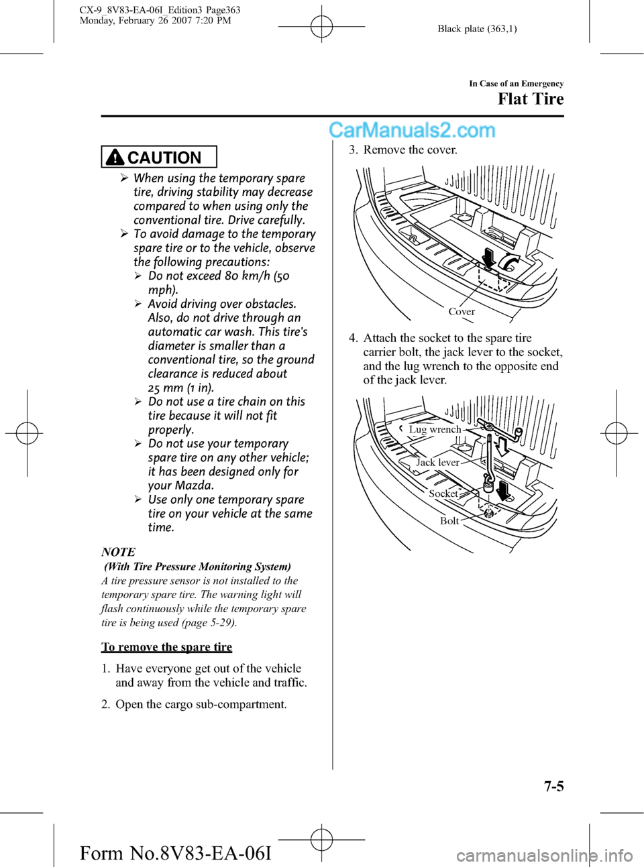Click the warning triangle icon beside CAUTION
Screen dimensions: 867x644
point(115,158)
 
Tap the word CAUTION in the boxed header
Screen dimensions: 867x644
point(164,158)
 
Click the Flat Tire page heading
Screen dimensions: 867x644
point(530,99)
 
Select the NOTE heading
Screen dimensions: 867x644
point(118,552)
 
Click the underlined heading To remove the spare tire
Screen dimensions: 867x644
point(166,647)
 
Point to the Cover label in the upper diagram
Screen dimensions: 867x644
point(462,312)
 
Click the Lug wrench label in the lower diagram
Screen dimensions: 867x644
point(435,430)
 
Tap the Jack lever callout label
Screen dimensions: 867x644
point(437,463)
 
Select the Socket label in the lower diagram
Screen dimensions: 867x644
point(443,494)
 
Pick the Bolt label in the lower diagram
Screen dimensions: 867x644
point(449,521)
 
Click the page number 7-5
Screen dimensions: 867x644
point(553,786)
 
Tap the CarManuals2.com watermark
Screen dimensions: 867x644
point(412,130)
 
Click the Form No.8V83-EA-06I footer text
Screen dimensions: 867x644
point(175,853)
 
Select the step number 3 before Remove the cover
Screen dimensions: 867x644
point(353,150)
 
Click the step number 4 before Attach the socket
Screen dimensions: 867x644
point(353,338)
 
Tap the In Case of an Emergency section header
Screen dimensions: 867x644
point(516,84)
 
